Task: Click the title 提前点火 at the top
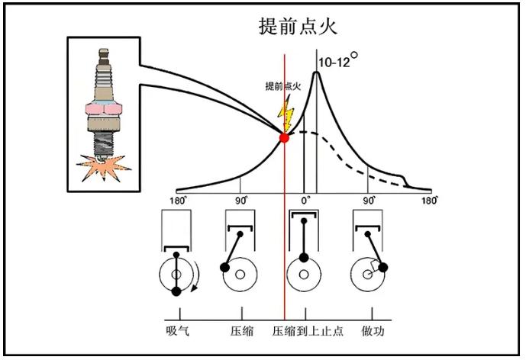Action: pyautogui.click(x=298, y=26)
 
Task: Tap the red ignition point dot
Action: pyautogui.click(x=284, y=137)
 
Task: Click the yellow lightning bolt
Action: pyautogui.click(x=286, y=113)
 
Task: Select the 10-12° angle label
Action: pyautogui.click(x=337, y=59)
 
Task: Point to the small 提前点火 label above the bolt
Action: pyautogui.click(x=282, y=86)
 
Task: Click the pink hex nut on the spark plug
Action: pyautogui.click(x=103, y=109)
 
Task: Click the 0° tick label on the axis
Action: pyautogui.click(x=305, y=201)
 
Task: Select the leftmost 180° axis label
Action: pyautogui.click(x=178, y=201)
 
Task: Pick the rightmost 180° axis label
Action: pyautogui.click(x=430, y=201)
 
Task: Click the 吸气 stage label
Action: pyautogui.click(x=177, y=331)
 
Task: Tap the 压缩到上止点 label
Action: pyautogui.click(x=308, y=331)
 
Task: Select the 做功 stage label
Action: pyautogui.click(x=373, y=331)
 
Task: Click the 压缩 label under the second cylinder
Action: pyautogui.click(x=242, y=331)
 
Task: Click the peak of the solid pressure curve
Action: pyautogui.click(x=316, y=72)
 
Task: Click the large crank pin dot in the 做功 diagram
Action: pyautogui.click(x=383, y=267)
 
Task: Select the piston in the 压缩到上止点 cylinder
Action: pyautogui.click(x=304, y=214)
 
